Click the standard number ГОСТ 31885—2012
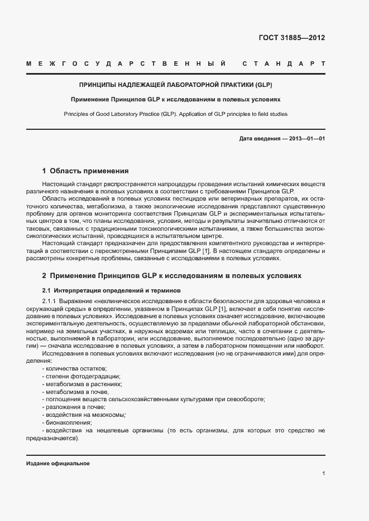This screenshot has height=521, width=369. point(292,38)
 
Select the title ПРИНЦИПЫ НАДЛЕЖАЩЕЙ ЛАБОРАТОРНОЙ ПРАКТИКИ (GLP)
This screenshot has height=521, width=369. point(175,86)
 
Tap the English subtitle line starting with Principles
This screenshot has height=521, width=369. point(175,114)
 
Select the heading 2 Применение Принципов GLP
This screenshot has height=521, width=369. point(172,275)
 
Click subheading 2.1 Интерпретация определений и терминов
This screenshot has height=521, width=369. point(112,290)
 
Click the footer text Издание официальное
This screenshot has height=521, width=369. point(58,464)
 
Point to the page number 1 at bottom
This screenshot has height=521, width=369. point(324,474)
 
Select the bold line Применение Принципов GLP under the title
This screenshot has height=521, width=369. point(175,100)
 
